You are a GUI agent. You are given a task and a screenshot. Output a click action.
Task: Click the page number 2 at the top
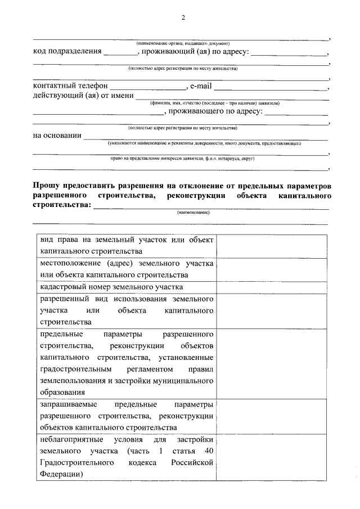click(183, 17)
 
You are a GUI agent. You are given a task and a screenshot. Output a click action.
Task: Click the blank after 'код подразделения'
click(120, 53)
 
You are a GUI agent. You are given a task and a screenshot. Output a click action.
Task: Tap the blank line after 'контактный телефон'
click(147, 88)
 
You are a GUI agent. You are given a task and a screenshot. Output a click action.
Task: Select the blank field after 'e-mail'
click(271, 88)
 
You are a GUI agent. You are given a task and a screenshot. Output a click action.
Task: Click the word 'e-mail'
click(201, 87)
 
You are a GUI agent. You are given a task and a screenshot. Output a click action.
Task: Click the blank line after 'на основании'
click(206, 137)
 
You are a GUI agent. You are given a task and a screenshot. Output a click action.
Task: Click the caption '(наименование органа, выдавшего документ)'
click(183, 43)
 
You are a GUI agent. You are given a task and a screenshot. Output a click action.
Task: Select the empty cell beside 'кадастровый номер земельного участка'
click(272, 287)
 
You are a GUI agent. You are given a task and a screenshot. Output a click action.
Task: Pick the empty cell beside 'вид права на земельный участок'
click(272, 246)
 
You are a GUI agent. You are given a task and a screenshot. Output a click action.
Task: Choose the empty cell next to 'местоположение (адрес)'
click(272, 269)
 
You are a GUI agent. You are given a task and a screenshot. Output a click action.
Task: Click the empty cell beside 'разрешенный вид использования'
click(272, 310)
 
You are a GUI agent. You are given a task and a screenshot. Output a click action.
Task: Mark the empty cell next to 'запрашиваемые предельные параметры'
click(272, 416)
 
